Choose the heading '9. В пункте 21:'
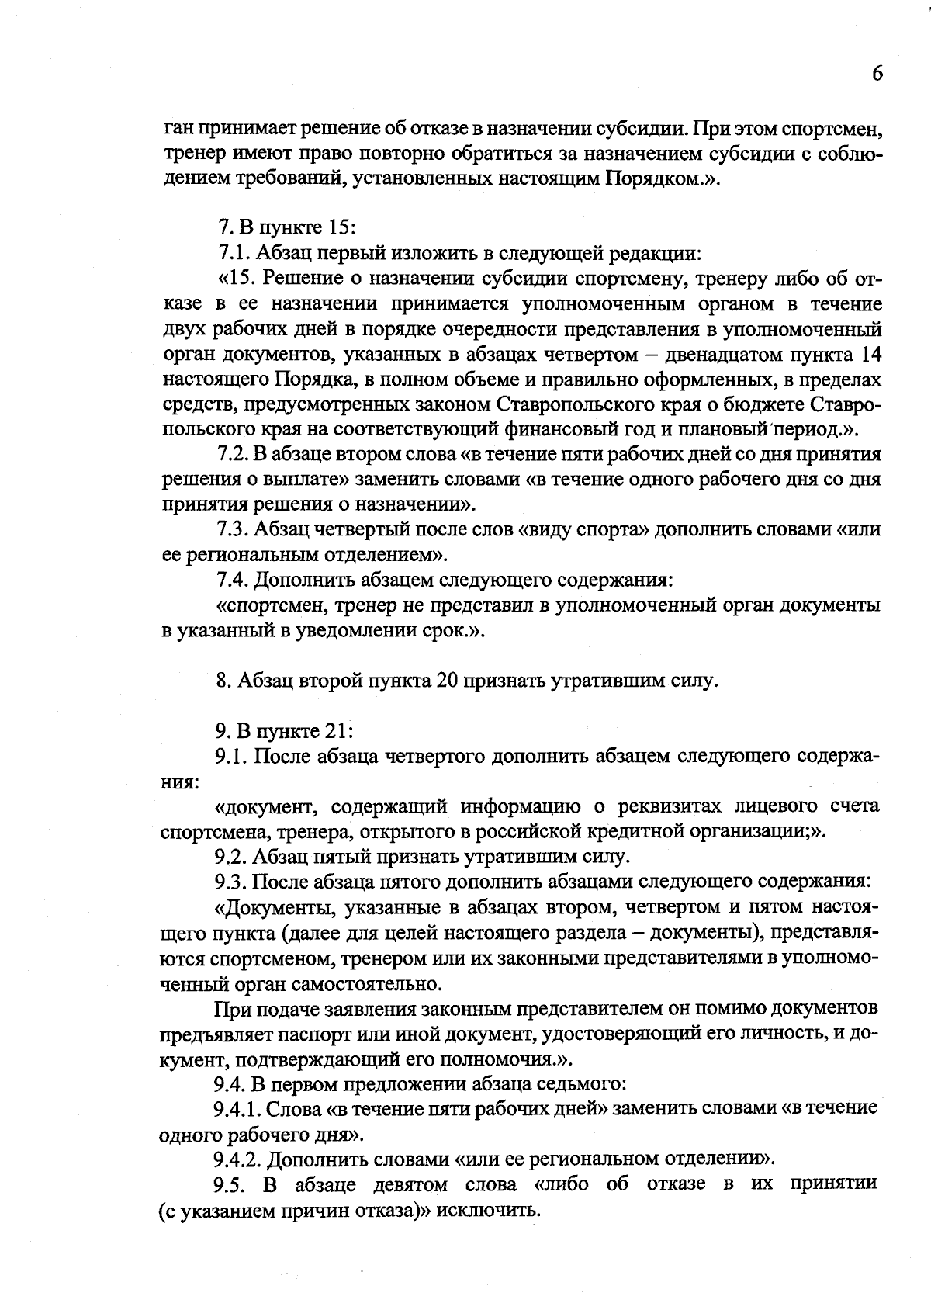coord(284,731)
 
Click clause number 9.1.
coord(231,756)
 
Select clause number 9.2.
coord(231,857)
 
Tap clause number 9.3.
coord(231,882)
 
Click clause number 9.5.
coord(231,1184)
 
